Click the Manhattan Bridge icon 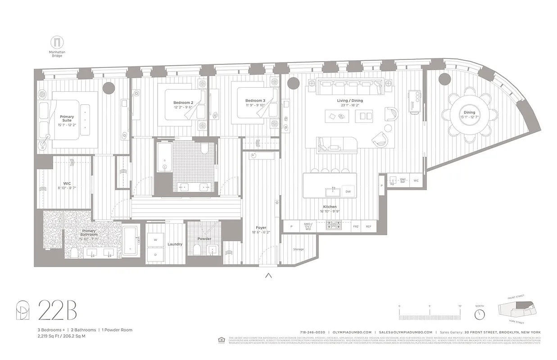57,42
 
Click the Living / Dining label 350,100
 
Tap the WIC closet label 67,184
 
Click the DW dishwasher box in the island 348,192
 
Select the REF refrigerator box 368,227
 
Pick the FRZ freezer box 356,227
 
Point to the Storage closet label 298,249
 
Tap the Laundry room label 175,244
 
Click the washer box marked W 156,240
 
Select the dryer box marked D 156,254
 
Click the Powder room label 204,238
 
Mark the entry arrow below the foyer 269,276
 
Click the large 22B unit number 57,310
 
